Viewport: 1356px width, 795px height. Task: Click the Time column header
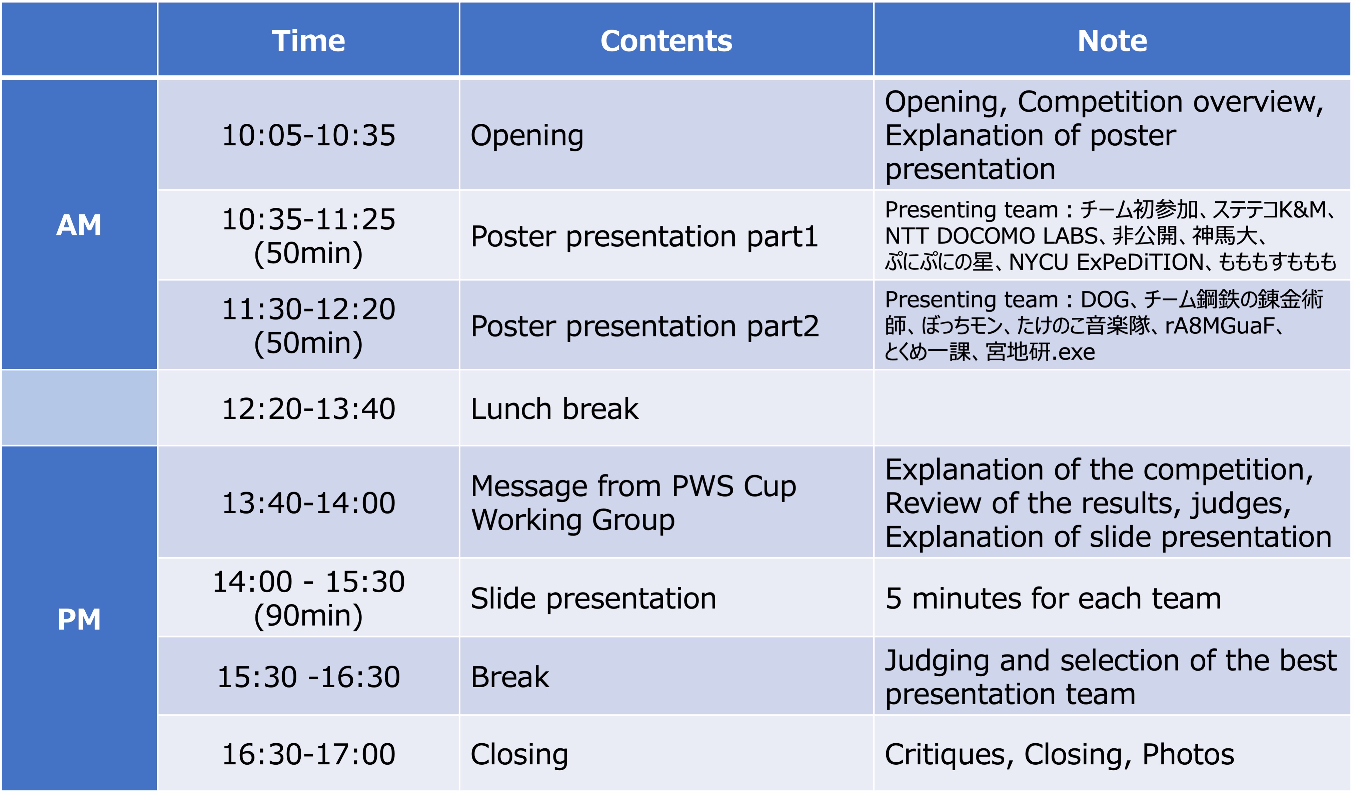pos(308,41)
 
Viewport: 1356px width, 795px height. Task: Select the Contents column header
pos(666,41)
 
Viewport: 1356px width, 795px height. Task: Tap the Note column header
pos(1112,41)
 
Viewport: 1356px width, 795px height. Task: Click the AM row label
pos(79,225)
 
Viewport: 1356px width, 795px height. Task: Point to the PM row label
pos(79,619)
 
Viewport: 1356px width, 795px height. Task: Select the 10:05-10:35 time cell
pos(308,135)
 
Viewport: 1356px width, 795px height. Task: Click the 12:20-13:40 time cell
pos(308,409)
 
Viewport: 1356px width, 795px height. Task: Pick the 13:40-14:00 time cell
pos(308,503)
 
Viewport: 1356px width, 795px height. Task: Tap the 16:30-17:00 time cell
pos(308,753)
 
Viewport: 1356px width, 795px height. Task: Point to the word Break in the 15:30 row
pos(509,677)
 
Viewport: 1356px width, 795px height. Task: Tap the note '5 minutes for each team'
pos(1053,598)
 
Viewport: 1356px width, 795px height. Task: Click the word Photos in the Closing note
pos(1188,753)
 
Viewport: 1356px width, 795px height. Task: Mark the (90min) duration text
pos(308,615)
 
